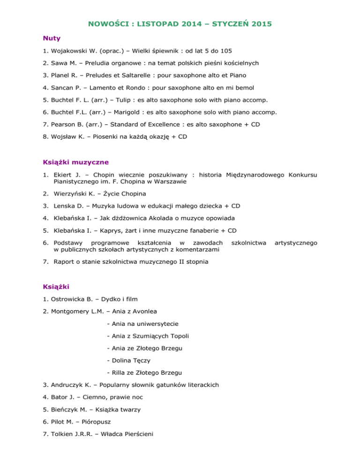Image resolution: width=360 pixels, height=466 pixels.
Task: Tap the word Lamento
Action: [107, 87]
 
